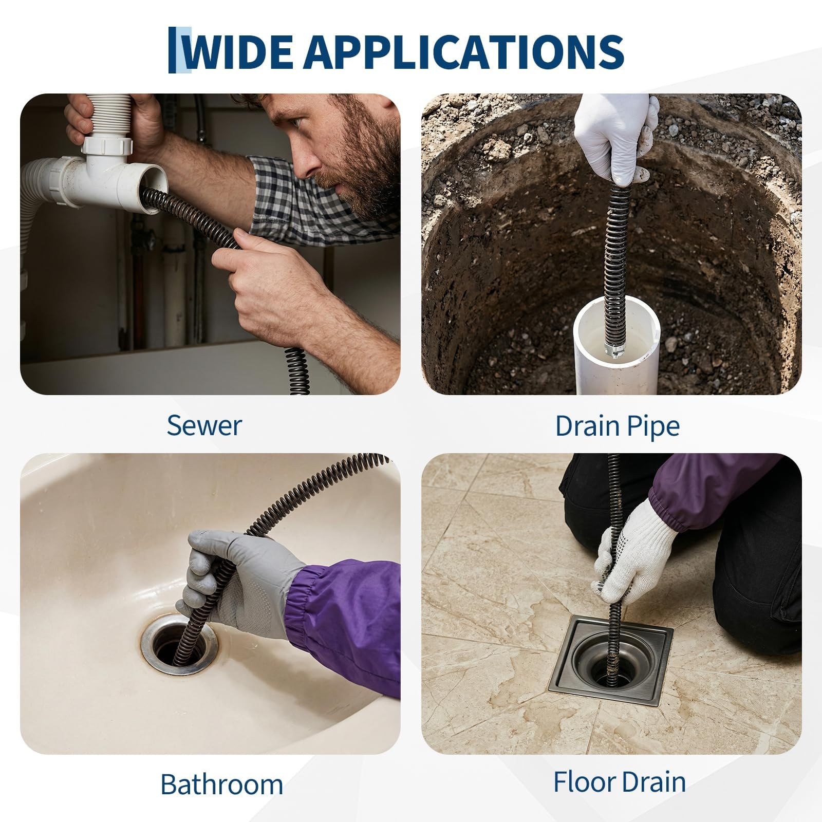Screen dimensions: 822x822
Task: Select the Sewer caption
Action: tap(204, 425)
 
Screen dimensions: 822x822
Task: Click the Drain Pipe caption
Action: tap(618, 426)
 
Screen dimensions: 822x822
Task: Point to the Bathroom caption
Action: tap(221, 784)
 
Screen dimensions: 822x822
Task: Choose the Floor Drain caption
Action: tap(619, 782)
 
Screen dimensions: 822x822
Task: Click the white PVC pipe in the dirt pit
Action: tap(616, 350)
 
